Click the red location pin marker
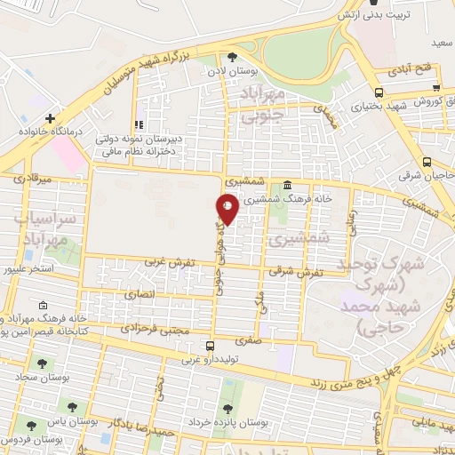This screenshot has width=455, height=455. pos(227,207)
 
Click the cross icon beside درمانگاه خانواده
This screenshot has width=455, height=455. pos(51,117)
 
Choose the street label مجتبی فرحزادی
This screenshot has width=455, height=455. pos(155,329)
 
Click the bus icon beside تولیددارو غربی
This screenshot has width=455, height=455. pos(210,346)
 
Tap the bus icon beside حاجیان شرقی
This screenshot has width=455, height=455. pos(427,162)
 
